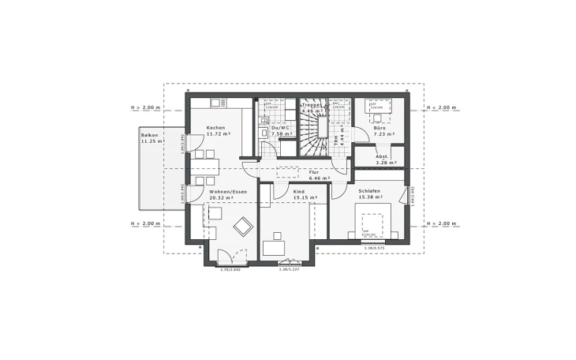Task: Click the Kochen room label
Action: [x=215, y=128]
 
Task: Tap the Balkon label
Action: [x=149, y=135]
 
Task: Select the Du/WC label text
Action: [x=280, y=128]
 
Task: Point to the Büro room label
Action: [x=379, y=128]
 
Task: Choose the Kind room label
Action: [x=298, y=191]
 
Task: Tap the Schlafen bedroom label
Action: [x=368, y=191]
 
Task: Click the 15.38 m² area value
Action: [x=369, y=197]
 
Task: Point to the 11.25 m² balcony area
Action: [x=150, y=141]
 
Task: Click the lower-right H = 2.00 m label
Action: [x=441, y=223]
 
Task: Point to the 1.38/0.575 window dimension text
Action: [x=374, y=249]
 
